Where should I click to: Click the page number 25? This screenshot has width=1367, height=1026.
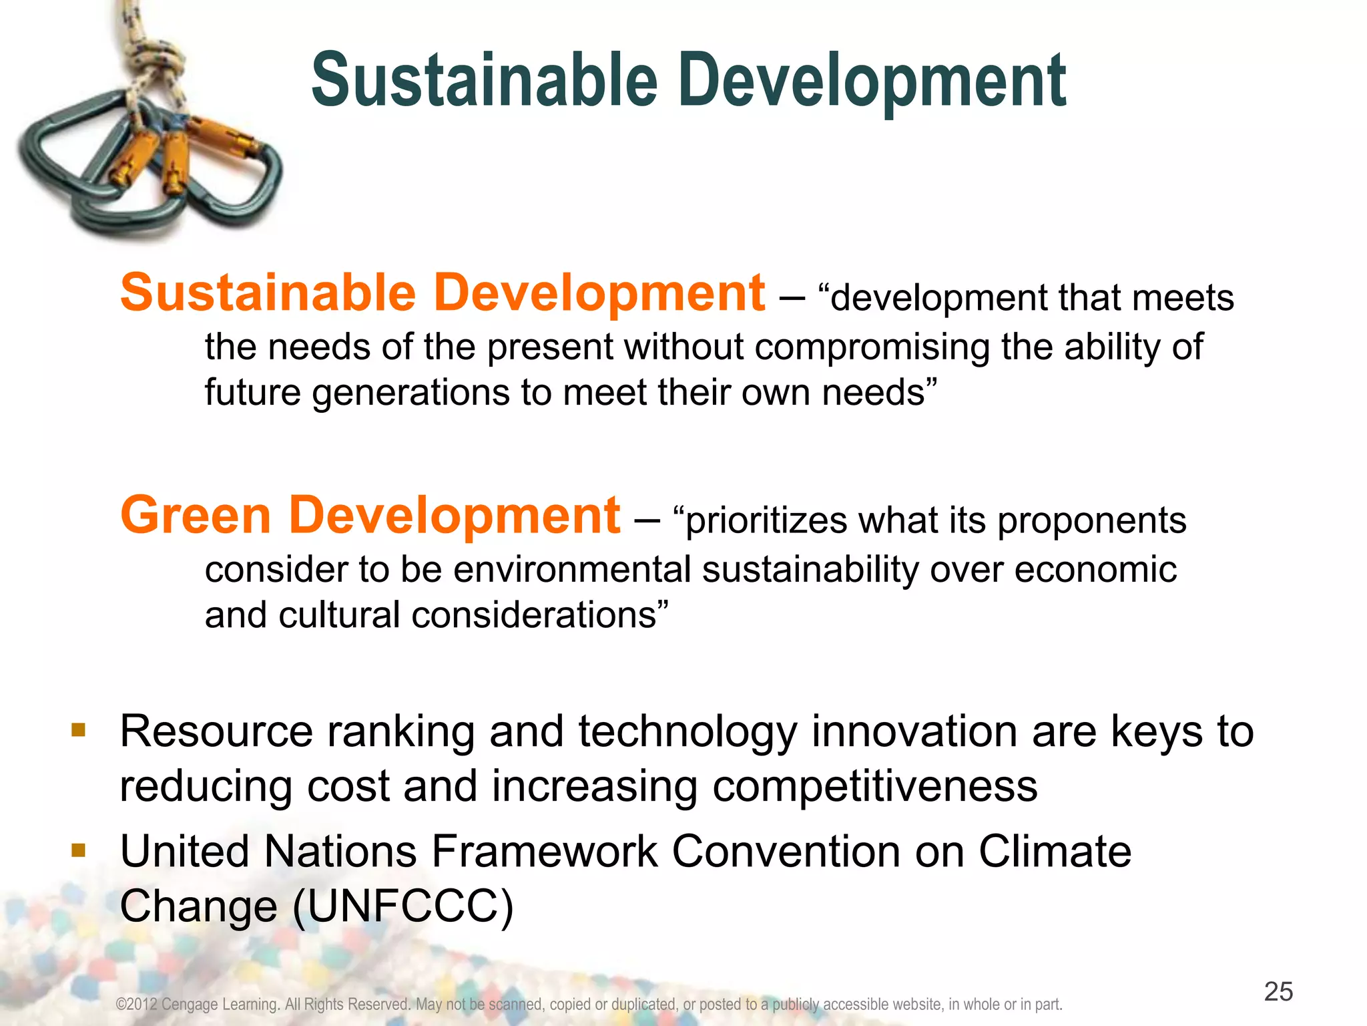pyautogui.click(x=1278, y=991)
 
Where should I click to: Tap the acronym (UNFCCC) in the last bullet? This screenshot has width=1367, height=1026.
pyautogui.click(x=403, y=906)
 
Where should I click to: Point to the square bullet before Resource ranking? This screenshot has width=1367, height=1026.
pyautogui.click(x=79, y=729)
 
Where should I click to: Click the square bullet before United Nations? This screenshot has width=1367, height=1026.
pyautogui.click(x=79, y=850)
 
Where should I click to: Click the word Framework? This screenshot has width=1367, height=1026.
pyautogui.click(x=545, y=852)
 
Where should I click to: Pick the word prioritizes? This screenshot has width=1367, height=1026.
pyautogui.click(x=766, y=520)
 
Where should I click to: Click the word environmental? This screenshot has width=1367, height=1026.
pyautogui.click(x=572, y=570)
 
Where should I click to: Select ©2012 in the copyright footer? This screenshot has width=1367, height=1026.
pyautogui.click(x=136, y=1004)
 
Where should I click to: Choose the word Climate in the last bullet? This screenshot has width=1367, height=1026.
pyautogui.click(x=1055, y=852)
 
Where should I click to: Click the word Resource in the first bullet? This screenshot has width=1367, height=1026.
pyautogui.click(x=216, y=731)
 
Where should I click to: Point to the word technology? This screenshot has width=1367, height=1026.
pyautogui.click(x=687, y=731)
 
